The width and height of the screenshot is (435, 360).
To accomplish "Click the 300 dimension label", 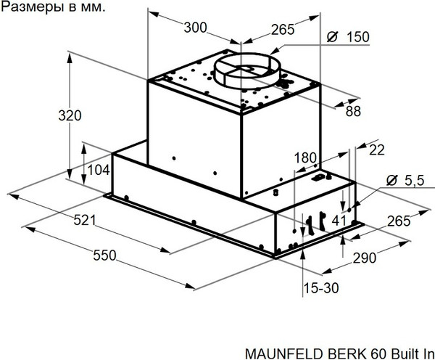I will [195, 28].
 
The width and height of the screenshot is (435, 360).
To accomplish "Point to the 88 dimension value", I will [353, 111].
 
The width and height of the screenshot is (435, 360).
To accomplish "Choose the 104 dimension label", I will [97, 170].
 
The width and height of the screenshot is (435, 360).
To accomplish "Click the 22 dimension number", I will [376, 150].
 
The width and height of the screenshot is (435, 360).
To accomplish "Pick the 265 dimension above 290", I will [399, 221].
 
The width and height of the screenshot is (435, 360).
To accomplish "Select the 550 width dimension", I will [104, 255].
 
